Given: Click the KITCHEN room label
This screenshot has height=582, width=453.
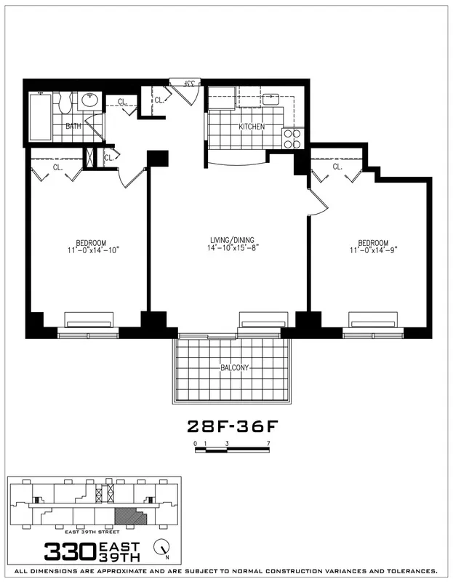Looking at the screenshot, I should click(x=252, y=127).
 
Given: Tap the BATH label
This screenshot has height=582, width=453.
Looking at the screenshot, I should click(x=73, y=126).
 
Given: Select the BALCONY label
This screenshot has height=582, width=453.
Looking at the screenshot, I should click(x=234, y=368).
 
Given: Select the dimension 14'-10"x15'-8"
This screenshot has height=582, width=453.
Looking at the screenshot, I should click(x=232, y=249).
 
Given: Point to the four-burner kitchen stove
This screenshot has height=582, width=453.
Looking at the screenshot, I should click(x=292, y=139).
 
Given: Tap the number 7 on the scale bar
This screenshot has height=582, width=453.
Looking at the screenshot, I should click(x=269, y=442).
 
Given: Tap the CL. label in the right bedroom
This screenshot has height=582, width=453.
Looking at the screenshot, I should click(x=337, y=167).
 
